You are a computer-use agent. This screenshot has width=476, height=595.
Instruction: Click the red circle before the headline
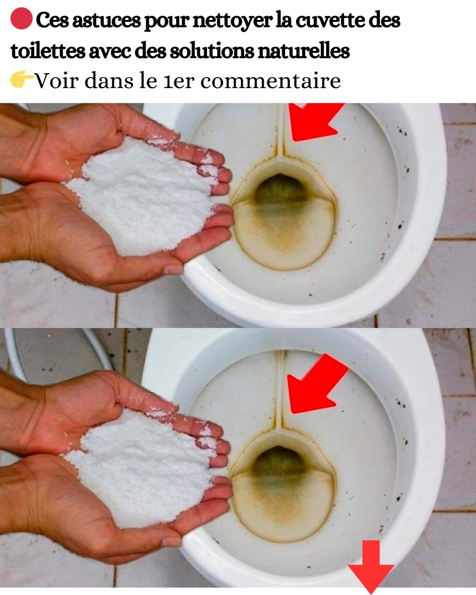21,19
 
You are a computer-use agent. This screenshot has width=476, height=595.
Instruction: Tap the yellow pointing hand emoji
22,79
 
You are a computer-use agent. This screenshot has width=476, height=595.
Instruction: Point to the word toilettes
48,51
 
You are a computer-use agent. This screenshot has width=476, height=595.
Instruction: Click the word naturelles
304,51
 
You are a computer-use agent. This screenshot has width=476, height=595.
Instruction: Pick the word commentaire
270,81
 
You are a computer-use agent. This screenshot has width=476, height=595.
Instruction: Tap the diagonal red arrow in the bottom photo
316,384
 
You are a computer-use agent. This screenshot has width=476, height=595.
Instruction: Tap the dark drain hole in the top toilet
280,189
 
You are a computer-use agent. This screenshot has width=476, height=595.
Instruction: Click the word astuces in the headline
107,21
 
